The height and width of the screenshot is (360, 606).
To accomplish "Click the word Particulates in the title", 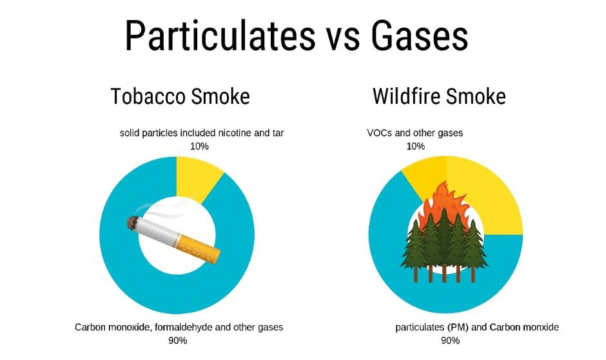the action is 220,35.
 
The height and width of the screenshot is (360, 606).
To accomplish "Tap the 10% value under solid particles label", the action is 199,146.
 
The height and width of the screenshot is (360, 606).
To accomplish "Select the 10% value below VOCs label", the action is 415,146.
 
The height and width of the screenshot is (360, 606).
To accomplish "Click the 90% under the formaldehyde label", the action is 178,341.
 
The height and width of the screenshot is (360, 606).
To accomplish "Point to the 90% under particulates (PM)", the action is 450,341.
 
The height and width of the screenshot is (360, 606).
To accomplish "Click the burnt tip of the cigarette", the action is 133,223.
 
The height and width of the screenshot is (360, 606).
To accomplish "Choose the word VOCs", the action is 380,133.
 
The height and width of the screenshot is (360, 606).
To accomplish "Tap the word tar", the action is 279,134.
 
